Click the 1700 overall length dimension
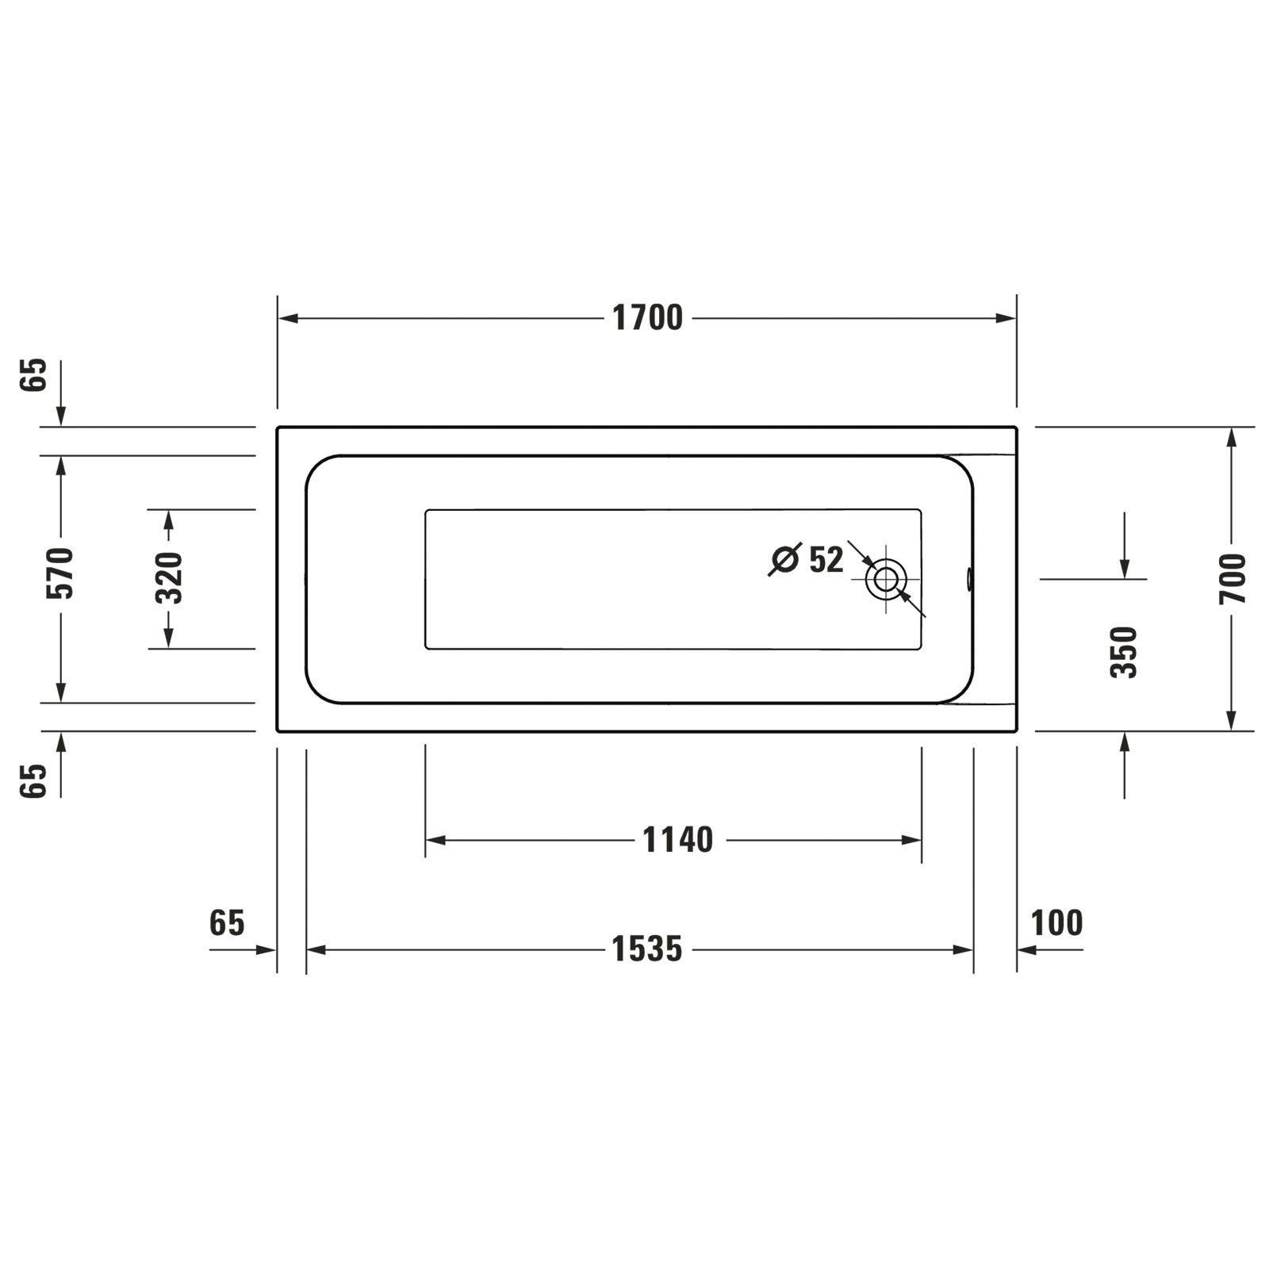point(647,318)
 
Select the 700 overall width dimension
point(1233,579)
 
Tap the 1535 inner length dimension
point(646,949)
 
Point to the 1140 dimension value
point(677,840)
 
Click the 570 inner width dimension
point(60,573)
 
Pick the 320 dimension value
point(169,577)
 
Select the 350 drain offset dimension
point(1124,652)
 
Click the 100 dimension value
point(1056,923)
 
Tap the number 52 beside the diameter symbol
point(826,560)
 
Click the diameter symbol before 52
point(785,559)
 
